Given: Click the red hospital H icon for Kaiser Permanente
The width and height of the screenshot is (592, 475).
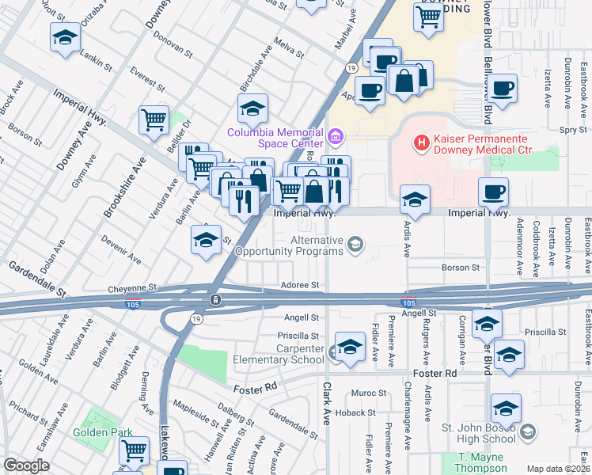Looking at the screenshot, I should click(x=422, y=142).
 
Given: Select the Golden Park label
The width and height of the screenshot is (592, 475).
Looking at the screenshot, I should click(x=100, y=432).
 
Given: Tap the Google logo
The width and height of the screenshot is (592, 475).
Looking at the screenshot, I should click(x=26, y=465).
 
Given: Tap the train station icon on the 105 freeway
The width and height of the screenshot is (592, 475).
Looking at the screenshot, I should click(x=214, y=301).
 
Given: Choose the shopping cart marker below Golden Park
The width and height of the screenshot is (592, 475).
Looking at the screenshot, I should click(x=134, y=450).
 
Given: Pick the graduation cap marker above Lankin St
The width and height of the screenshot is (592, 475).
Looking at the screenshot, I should click(x=66, y=36).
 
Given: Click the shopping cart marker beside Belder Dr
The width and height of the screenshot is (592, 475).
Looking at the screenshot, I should click(x=154, y=120).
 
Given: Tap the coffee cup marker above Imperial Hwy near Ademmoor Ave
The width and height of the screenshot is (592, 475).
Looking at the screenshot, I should click(x=493, y=192).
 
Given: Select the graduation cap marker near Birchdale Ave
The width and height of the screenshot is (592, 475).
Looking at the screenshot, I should click(x=252, y=108).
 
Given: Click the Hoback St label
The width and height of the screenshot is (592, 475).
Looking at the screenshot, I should click(x=354, y=412).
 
